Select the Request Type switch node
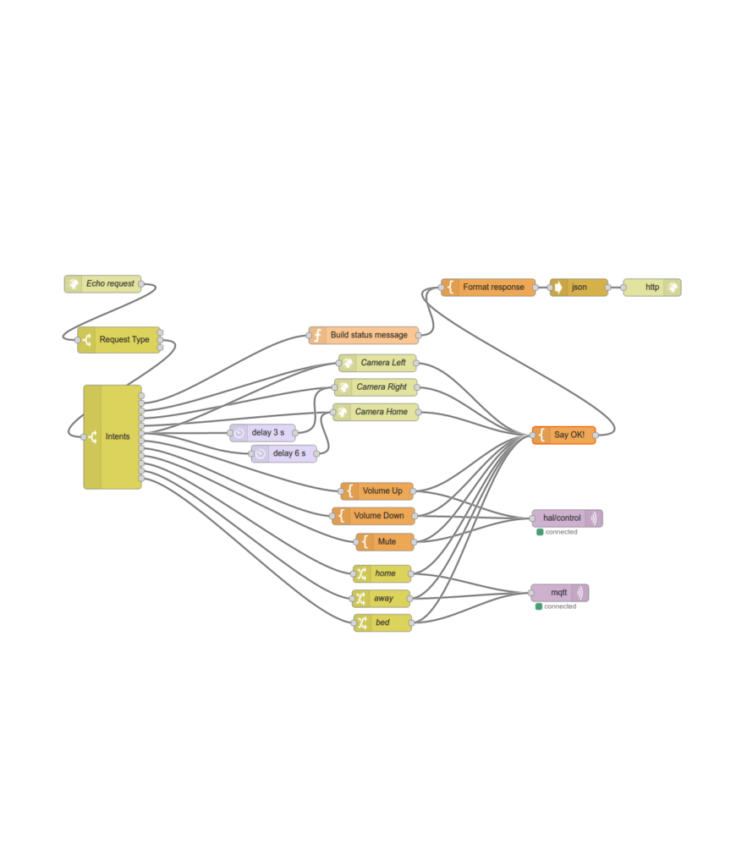pyautogui.click(x=120, y=340)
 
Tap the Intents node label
pyautogui.click(x=118, y=436)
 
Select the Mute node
pyautogui.click(x=385, y=541)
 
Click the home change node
pyautogui.click(x=382, y=573)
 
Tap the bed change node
pyautogui.click(x=382, y=623)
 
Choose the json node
pyautogui.click(x=579, y=288)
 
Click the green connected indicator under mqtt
pyautogui.click(x=539, y=606)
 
